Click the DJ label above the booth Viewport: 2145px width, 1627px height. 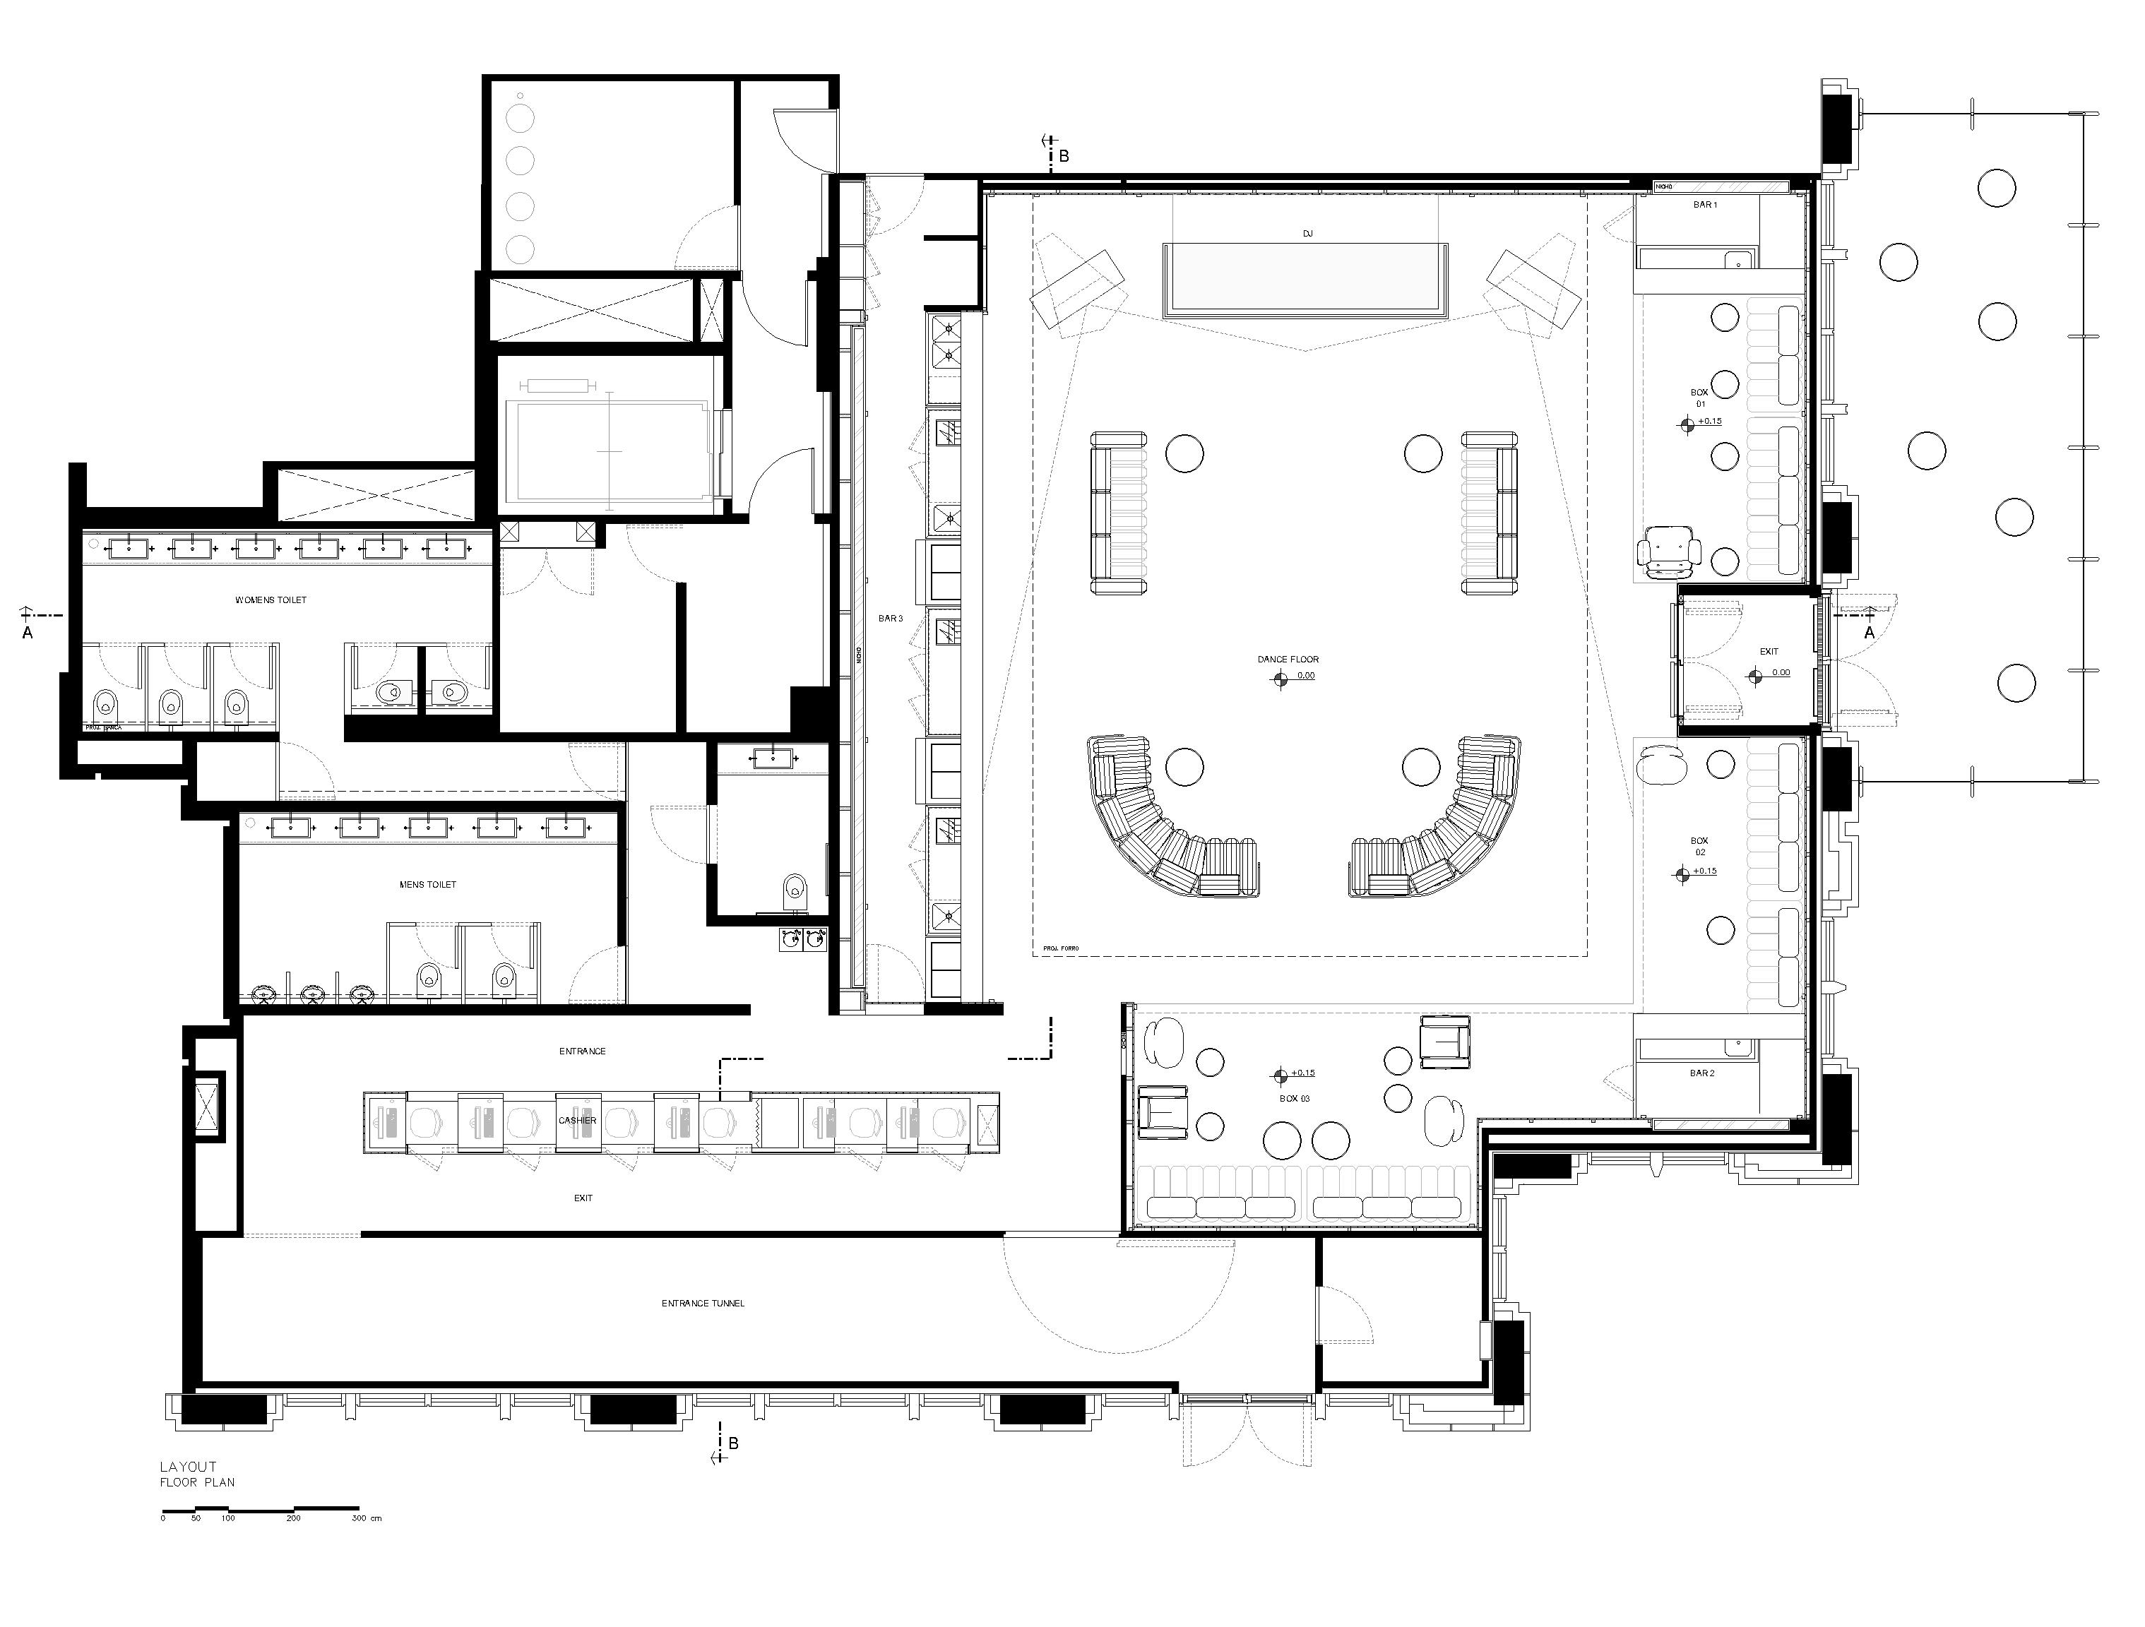coord(1307,234)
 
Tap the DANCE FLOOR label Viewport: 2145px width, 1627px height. coord(1288,660)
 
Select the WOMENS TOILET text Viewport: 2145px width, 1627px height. coord(271,600)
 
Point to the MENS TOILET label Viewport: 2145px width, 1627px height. coord(427,884)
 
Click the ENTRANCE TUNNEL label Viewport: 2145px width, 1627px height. coord(703,1303)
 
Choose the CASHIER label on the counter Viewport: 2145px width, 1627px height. coord(577,1120)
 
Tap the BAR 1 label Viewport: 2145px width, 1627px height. coord(1704,205)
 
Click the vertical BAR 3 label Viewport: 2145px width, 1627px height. coord(890,619)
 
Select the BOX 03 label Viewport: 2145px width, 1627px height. coord(1295,1099)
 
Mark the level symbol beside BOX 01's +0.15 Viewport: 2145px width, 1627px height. coord(1687,423)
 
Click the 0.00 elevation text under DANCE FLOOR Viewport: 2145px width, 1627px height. coord(1305,676)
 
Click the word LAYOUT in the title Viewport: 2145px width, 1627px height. coord(188,1467)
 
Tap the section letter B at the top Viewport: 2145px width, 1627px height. coord(1064,156)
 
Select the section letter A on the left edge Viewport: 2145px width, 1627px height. coord(27,632)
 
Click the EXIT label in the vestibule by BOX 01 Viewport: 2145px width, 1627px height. coord(1769,652)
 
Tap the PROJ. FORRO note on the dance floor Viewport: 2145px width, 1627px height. coord(1061,948)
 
